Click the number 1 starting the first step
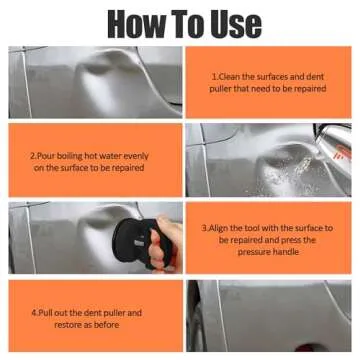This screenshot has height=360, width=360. [x=214, y=75]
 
